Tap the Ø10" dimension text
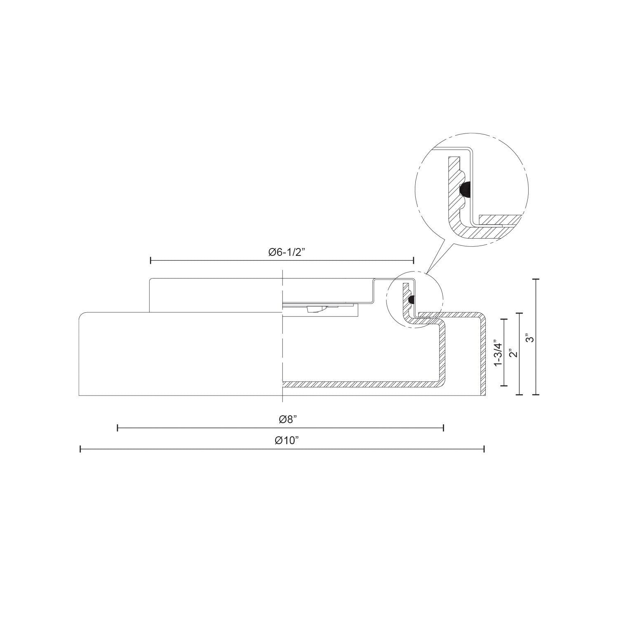click(x=286, y=440)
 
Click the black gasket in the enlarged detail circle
click(x=464, y=190)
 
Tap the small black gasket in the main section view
click(x=411, y=300)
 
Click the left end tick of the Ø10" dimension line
click(x=80, y=449)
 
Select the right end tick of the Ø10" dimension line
click(x=484, y=449)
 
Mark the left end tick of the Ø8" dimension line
click(x=118, y=428)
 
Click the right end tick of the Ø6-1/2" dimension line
click(x=413, y=260)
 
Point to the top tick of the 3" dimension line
click(x=536, y=279)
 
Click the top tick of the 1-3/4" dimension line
click(x=503, y=319)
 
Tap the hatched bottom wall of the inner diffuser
click(x=358, y=384)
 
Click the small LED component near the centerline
click(x=315, y=309)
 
